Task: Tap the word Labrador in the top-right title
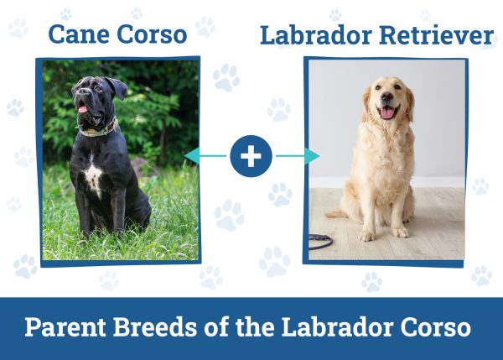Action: (x=310, y=35)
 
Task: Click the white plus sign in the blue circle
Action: (x=251, y=155)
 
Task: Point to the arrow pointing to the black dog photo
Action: (x=205, y=155)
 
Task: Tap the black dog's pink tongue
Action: (x=83, y=109)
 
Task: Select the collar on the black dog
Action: (x=99, y=129)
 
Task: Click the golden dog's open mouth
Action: (x=388, y=112)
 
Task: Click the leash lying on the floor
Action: (x=320, y=240)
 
